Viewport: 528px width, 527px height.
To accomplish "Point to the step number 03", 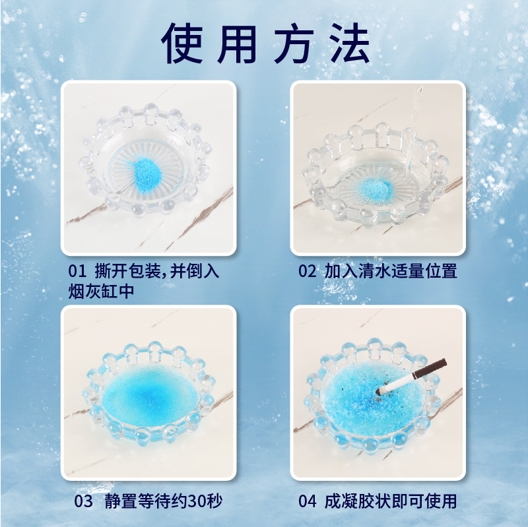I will pyautogui.click(x=83, y=501).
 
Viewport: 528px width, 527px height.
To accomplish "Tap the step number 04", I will pyautogui.click(x=308, y=501).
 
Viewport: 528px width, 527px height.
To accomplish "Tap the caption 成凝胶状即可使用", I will pyautogui.click(x=390, y=501).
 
